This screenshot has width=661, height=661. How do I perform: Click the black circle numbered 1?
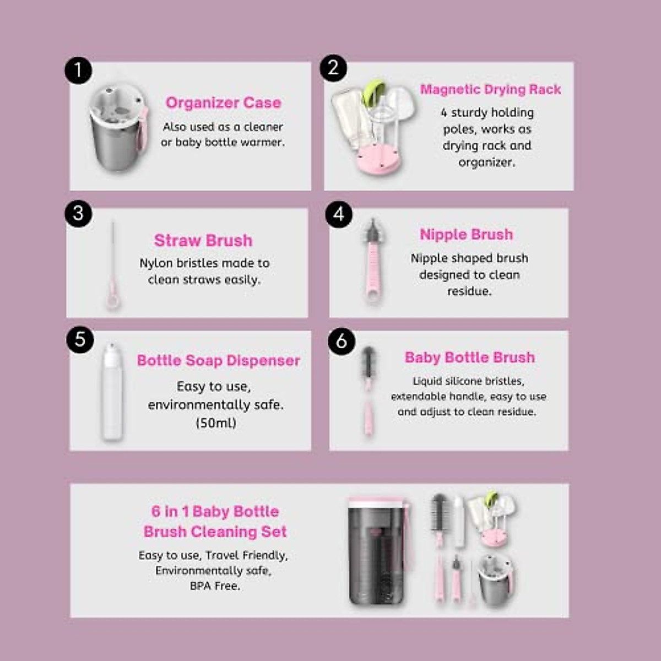point(78,71)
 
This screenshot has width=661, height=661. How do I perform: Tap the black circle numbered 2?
point(333,68)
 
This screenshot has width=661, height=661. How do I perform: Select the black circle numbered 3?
point(78,213)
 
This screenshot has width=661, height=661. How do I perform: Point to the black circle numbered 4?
point(339,214)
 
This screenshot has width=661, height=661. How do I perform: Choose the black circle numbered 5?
point(80,340)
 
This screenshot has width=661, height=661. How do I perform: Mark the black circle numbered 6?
point(342,341)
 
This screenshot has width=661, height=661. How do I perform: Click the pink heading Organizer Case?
point(223,103)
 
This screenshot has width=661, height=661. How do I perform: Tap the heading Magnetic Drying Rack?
point(490,90)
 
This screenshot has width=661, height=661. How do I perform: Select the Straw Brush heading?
point(203,241)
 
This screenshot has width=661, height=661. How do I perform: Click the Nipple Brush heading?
point(466,235)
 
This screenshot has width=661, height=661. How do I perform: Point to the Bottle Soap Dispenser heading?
point(219,361)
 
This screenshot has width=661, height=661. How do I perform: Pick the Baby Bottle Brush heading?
point(469,357)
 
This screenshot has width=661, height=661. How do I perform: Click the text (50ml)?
point(216,423)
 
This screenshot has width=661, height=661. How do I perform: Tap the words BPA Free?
point(215,586)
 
